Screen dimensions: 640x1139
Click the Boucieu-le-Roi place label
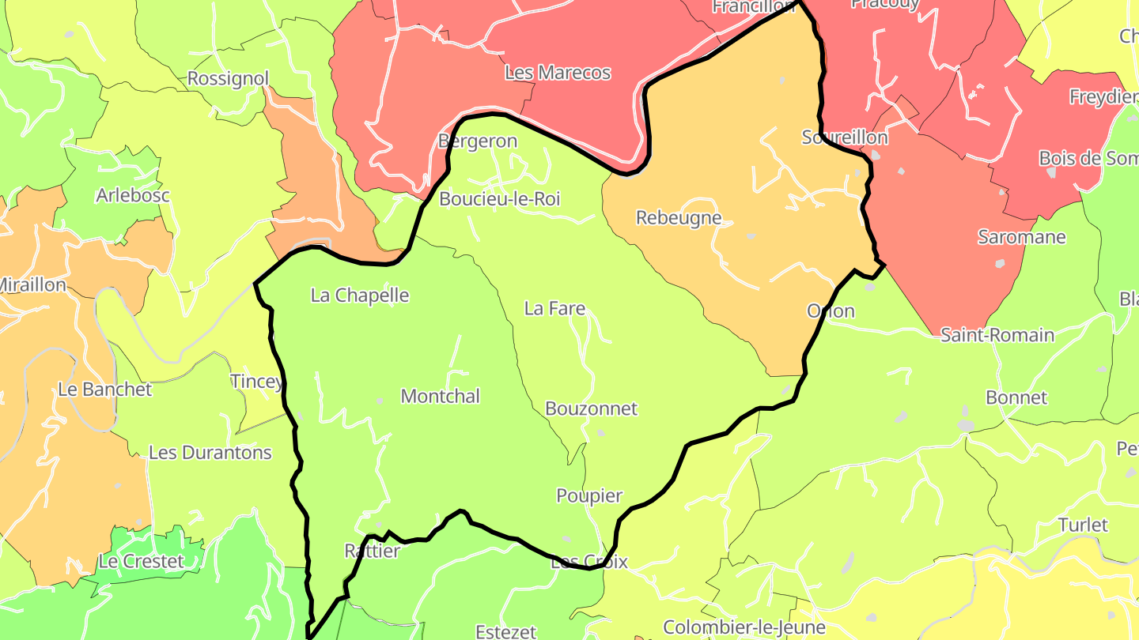click(499, 199)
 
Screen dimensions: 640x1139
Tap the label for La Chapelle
click(360, 296)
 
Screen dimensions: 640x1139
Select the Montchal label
click(441, 397)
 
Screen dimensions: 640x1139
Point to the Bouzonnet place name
click(591, 409)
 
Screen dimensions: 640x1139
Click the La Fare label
click(554, 309)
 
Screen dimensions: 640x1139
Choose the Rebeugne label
click(679, 218)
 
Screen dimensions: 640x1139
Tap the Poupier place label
click(589, 496)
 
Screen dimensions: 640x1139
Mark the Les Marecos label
click(558, 73)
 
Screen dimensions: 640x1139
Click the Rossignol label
click(228, 79)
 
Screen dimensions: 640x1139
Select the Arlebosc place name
click(133, 195)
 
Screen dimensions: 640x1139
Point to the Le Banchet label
click(105, 390)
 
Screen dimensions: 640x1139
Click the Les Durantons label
click(210, 454)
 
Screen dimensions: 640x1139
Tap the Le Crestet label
click(141, 562)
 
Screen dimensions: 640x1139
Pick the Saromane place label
click(1022, 237)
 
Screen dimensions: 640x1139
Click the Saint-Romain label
click(997, 335)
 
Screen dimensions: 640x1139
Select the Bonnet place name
click(1016, 397)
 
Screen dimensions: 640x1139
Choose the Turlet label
click(1083, 525)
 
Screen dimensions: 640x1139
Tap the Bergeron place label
click(478, 142)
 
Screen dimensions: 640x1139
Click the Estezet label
click(505, 632)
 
